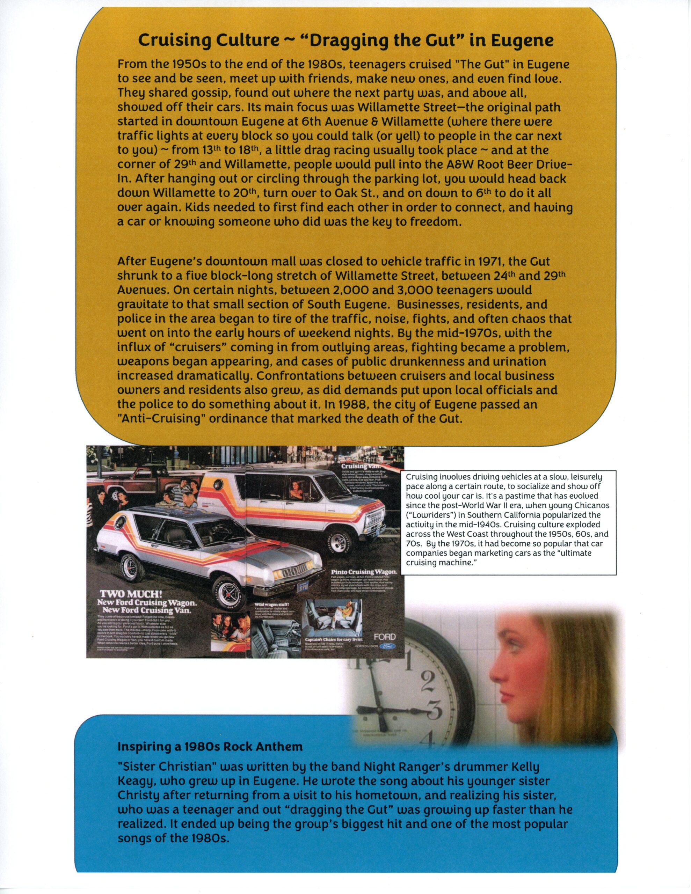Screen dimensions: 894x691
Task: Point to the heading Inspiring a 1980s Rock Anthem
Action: point(210,746)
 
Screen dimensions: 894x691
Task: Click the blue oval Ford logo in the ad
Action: point(387,645)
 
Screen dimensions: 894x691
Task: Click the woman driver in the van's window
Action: point(294,487)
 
